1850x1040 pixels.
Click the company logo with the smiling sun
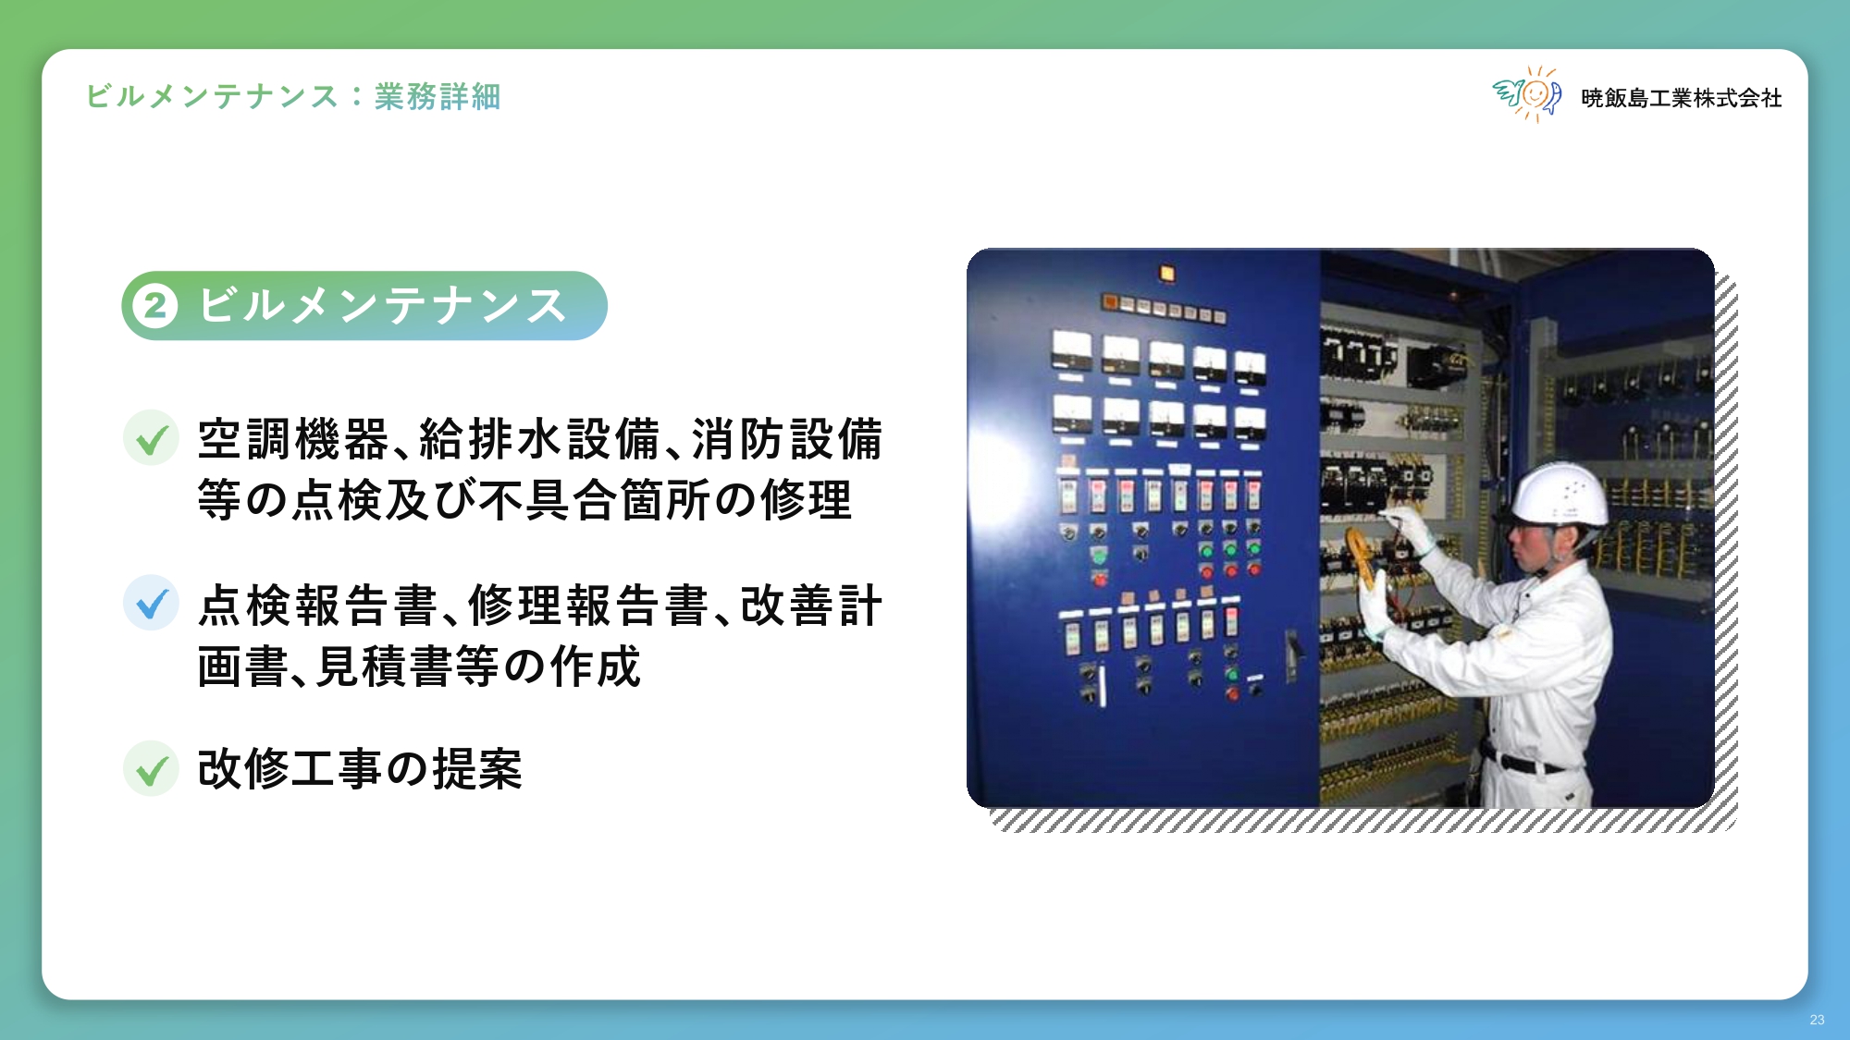click(x=1527, y=94)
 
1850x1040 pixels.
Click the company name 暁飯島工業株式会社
click(x=1681, y=98)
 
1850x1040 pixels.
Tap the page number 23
click(x=1817, y=1020)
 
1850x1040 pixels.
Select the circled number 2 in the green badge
click(x=155, y=306)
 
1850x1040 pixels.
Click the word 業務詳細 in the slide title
click(x=438, y=96)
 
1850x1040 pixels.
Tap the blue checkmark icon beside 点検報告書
click(x=151, y=603)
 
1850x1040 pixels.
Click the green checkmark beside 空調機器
click(x=151, y=437)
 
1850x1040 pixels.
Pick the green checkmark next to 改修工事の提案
click(x=151, y=768)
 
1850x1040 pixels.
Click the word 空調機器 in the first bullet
click(x=293, y=439)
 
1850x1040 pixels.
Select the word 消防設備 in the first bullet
click(x=788, y=439)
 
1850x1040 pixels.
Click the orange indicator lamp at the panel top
click(x=1166, y=273)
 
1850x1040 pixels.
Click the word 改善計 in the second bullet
click(x=811, y=606)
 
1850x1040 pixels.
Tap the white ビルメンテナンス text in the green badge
click(x=382, y=306)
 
